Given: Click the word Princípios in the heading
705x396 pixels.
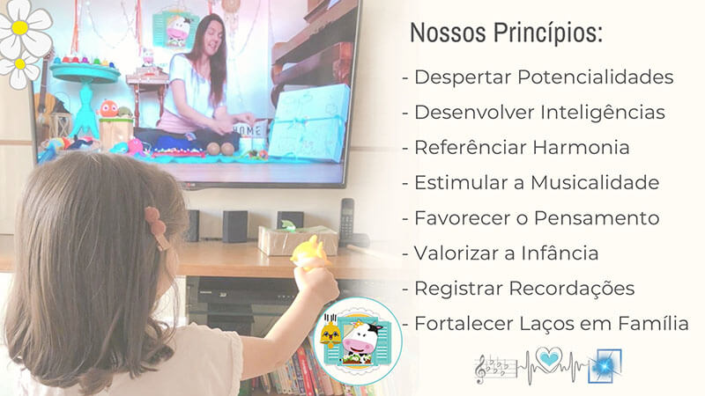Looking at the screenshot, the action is pos(547,33).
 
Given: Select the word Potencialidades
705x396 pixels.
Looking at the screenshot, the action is pos(596,77).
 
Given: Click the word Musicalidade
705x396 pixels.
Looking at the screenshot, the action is pos(595,183).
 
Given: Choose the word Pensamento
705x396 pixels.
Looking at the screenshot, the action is pos(597,218).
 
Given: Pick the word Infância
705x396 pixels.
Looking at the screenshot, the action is pos(560,253).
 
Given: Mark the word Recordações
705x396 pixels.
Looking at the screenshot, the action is pos(571,289).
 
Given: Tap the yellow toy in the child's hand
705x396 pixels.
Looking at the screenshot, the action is pos(310,254).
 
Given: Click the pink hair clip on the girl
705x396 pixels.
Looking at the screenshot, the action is pos(157,228).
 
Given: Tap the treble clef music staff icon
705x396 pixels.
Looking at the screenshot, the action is pos(492,369).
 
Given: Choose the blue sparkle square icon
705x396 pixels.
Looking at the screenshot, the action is pos(605,366).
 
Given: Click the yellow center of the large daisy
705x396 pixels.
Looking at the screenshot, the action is pos(19,28).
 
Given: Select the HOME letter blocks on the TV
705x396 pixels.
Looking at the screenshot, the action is pos(249,130).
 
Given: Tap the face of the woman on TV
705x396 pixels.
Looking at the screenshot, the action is pos(211,40).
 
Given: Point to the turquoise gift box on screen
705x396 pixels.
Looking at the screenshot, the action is pos(310,124).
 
